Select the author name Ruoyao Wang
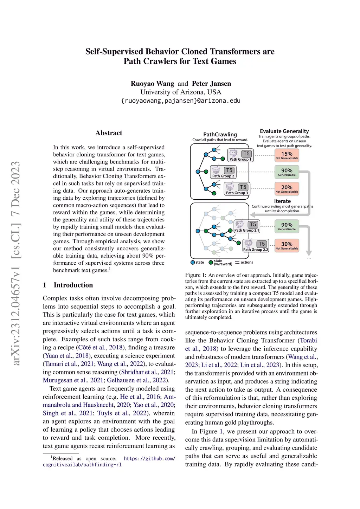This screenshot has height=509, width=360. click(152, 84)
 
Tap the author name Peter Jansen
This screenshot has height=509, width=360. click(211, 84)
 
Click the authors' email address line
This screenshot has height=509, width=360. click(180, 101)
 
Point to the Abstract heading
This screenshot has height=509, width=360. click(109, 133)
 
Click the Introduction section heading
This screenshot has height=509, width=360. click(73, 285)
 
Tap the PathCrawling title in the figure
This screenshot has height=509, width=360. click(220, 134)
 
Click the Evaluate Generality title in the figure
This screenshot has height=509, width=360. click(284, 131)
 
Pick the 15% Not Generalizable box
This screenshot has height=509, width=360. click(287, 155)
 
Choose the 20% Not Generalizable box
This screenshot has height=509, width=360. click(287, 189)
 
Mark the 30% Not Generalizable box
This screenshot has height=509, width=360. click(287, 245)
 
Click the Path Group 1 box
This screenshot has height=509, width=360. click(240, 155)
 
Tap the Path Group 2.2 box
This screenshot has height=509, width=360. click(256, 246)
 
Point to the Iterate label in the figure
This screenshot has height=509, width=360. click(282, 201)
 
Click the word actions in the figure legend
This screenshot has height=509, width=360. click(247, 262)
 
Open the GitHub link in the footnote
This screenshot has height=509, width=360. click(149, 459)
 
